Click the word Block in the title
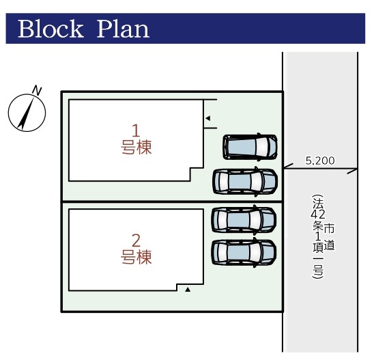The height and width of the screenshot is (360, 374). tap(51, 29)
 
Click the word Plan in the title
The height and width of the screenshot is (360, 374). tap(123, 29)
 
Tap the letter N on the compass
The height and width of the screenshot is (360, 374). tap(37, 90)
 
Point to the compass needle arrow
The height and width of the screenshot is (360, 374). tap(27, 113)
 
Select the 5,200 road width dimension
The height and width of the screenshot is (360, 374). tap(320, 161)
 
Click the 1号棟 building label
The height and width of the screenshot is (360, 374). tap(136, 139)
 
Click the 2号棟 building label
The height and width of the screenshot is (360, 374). tap(136, 249)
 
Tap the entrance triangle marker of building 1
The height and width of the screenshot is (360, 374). tap(208, 118)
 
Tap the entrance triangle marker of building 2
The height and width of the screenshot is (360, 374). tap(188, 290)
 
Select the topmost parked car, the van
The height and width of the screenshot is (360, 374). tap(250, 147)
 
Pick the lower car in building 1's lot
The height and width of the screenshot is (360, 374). tap(245, 181)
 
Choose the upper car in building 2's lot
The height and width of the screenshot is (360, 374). tap(244, 219)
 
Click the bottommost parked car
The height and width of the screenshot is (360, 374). tap(244, 252)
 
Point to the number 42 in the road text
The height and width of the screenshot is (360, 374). tap(318, 214)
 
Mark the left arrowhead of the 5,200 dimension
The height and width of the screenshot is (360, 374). tap(288, 167)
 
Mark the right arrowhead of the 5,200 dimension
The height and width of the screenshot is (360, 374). tap(352, 171)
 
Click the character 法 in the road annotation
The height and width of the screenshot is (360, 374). tap(318, 204)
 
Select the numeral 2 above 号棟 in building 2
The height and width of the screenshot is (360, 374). tap(136, 240)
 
